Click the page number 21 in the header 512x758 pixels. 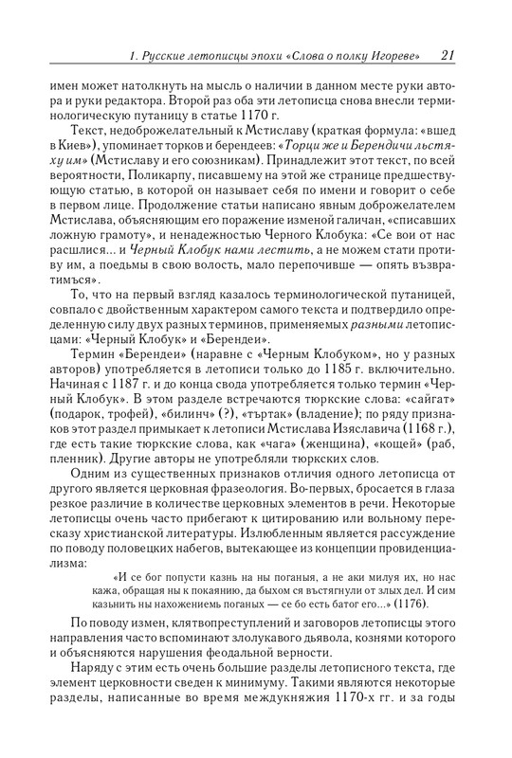(x=450, y=55)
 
